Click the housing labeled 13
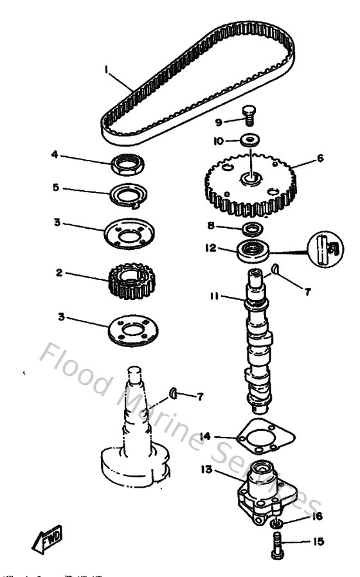coord(261,492)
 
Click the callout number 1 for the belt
coord(108,67)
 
